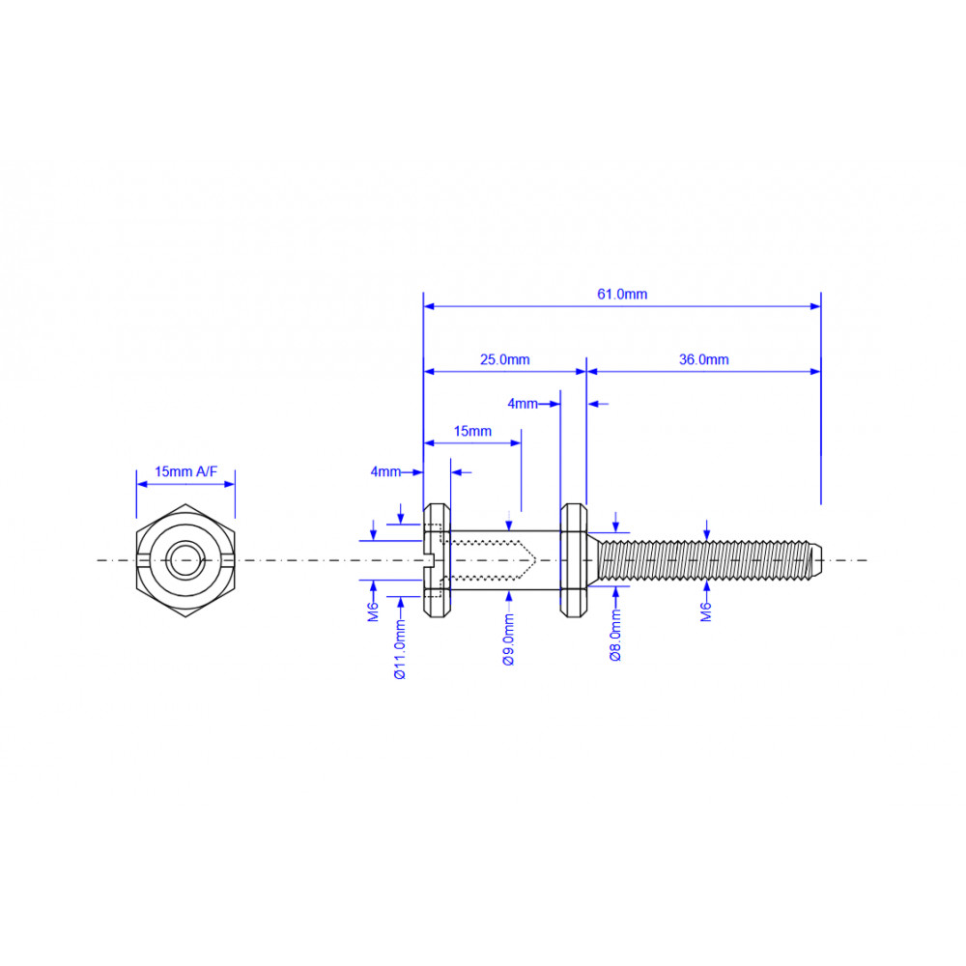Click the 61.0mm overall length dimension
(x=622, y=295)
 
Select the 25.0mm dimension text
(x=504, y=359)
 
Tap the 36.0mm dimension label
(x=703, y=359)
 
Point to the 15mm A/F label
(x=185, y=472)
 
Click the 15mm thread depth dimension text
(x=472, y=431)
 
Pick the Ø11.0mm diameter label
(x=401, y=649)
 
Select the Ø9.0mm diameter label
(x=509, y=640)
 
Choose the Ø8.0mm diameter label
(x=615, y=636)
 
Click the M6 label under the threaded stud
(x=706, y=611)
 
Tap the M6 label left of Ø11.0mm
(x=373, y=611)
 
